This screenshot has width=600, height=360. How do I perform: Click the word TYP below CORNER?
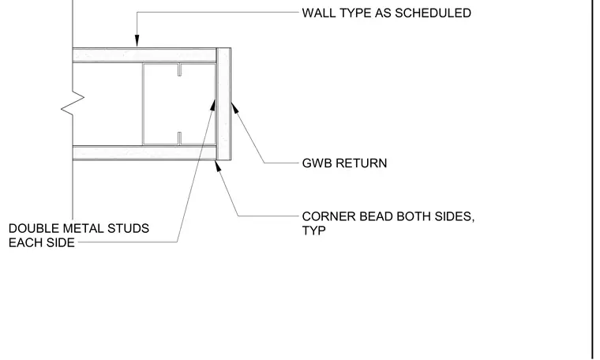click(313, 231)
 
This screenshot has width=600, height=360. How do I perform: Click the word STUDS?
click(128, 228)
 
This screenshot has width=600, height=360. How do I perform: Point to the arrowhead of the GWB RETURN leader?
click(234, 108)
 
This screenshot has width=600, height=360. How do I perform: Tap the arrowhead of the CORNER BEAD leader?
click(218, 167)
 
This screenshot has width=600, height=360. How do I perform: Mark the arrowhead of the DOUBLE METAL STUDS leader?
click(212, 105)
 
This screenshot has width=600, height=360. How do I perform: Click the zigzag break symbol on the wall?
click(73, 103)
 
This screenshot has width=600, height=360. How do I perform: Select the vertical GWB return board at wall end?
click(223, 104)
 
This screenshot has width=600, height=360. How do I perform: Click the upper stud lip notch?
click(179, 69)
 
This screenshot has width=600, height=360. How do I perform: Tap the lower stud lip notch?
click(179, 138)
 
